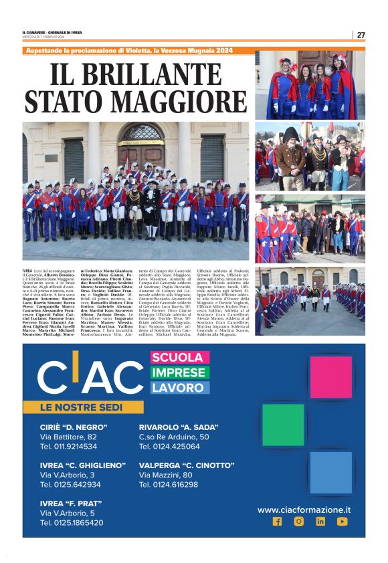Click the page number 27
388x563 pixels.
[x=361, y=35]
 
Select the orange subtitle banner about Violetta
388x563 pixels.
[x=138, y=50]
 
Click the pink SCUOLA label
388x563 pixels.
[x=177, y=358]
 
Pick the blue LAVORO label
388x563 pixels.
[x=179, y=387]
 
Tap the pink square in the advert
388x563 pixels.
[x=330, y=376]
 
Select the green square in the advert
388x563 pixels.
[x=283, y=425]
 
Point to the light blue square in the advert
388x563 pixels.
[x=330, y=472]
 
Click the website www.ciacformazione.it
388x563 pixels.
[x=304, y=510]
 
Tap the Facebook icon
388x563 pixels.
[x=277, y=522]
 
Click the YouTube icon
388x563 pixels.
[x=342, y=522]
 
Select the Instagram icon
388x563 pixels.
[x=298, y=522]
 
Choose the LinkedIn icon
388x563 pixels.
[x=320, y=522]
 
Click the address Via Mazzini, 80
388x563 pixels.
[x=165, y=475]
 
